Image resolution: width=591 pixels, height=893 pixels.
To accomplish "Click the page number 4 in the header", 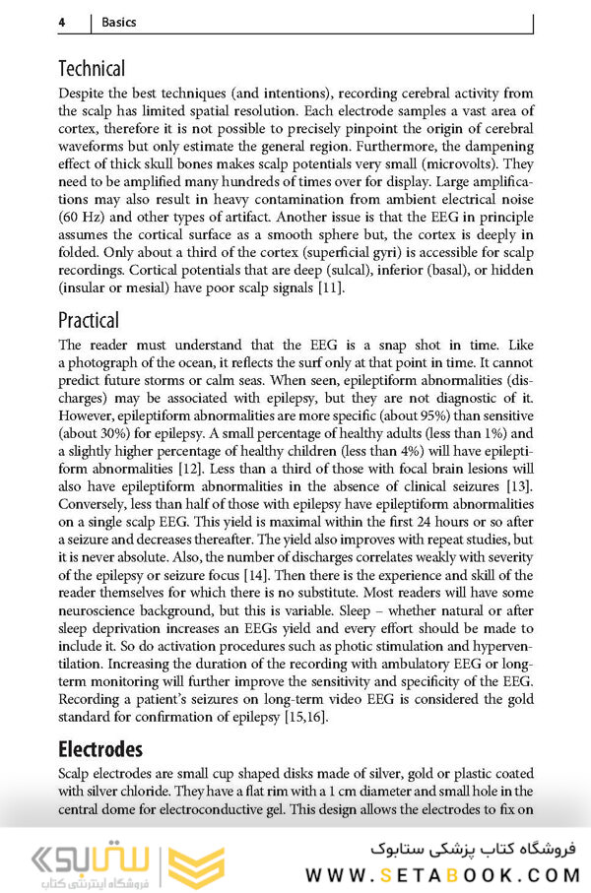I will tap(62, 21).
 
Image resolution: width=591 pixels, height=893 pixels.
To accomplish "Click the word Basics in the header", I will tap(115, 21).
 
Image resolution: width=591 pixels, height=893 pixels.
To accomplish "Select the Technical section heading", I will tap(92, 69).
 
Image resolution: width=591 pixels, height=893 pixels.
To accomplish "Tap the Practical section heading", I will tap(89, 320).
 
